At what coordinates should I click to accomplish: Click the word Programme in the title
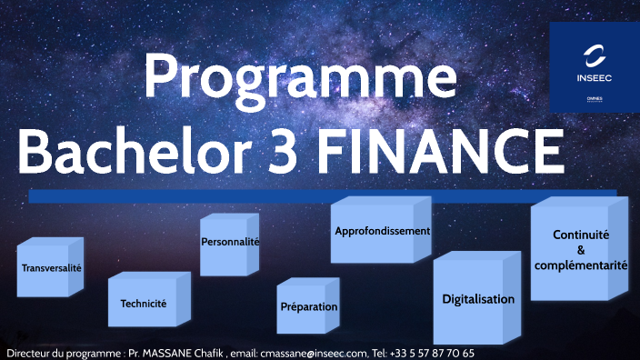coord(300,78)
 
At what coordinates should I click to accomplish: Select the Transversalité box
coord(51,269)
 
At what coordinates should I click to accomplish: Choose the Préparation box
coord(308,307)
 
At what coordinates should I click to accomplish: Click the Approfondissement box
coord(382,231)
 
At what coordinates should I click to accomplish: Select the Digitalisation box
coord(478,299)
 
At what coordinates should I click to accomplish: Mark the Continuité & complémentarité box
coord(581,250)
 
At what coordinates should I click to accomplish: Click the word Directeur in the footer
coord(27,353)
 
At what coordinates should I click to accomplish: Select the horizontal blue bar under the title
coord(322,195)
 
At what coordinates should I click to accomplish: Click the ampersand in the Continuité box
coord(581,250)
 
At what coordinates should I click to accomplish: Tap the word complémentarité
coord(581,265)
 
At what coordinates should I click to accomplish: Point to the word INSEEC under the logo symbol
coord(595,78)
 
